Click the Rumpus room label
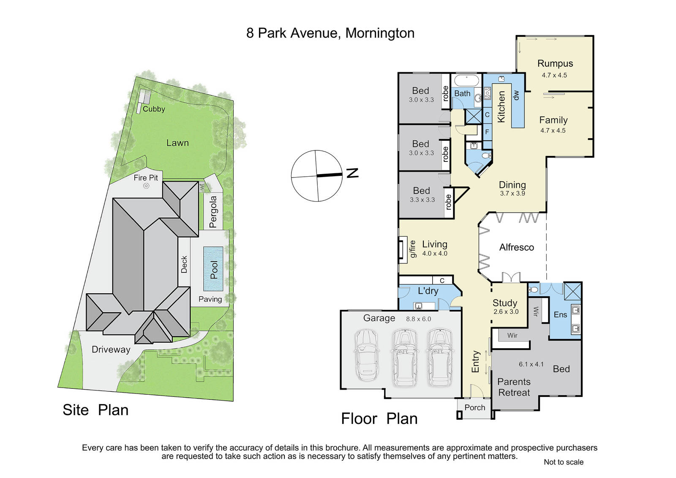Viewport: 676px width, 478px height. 555,63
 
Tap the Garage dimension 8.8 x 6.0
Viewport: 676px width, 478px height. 418,319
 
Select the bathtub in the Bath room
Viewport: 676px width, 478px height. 466,81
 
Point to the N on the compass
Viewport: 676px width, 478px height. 352,173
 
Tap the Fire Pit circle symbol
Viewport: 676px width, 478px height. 146,186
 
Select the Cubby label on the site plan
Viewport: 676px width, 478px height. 154,109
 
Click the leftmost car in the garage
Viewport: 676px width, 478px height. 366,355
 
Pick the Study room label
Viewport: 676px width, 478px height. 505,303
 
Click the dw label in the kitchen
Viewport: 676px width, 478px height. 516,95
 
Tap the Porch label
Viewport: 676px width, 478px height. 475,408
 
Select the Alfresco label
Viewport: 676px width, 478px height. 517,248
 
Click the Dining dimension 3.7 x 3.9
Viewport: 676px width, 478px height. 512,194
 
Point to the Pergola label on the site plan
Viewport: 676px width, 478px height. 213,212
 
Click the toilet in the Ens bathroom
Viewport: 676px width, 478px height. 533,290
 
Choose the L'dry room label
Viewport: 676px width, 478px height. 428,291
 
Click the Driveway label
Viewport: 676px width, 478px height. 111,350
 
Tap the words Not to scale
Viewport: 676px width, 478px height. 564,462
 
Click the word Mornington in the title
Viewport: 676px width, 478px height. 380,33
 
